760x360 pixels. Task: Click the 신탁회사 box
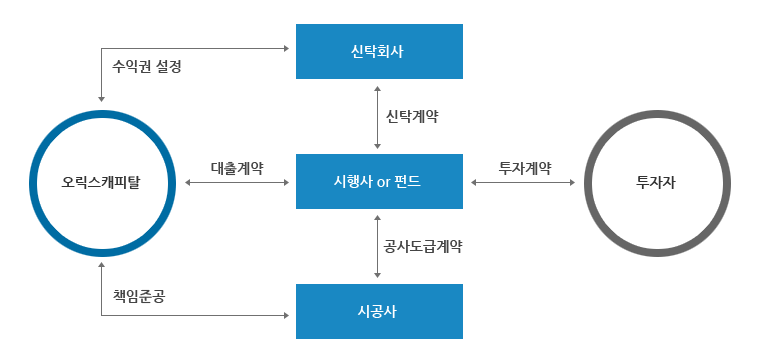tap(379, 51)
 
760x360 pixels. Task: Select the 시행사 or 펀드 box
tap(379, 181)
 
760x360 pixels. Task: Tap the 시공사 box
tap(379, 311)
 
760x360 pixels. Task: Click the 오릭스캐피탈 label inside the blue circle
tap(101, 183)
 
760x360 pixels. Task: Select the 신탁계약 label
tap(413, 116)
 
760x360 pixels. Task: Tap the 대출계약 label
tap(237, 167)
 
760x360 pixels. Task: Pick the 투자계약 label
tap(524, 167)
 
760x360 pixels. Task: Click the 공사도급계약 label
tap(422, 245)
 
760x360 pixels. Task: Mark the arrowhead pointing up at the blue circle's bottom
tap(101, 265)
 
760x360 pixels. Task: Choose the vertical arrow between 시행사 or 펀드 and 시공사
tap(377, 245)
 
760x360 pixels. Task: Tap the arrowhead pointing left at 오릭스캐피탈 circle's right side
tap(188, 183)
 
